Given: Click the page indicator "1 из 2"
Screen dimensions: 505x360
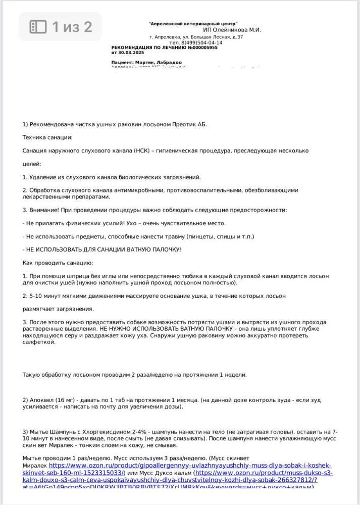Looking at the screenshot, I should [x=72, y=27].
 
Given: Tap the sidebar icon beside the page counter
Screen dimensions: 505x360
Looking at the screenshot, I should [x=38, y=27].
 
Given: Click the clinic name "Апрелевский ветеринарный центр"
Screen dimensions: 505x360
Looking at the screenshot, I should [x=193, y=24].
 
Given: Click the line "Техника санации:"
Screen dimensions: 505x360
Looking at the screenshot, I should [x=47, y=137].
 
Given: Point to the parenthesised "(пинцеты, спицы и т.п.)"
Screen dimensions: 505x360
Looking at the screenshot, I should [x=220, y=236].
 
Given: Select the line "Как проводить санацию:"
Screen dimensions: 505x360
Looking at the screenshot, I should [x=58, y=263].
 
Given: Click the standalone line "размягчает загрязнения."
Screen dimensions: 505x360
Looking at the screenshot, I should [x=58, y=309].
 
